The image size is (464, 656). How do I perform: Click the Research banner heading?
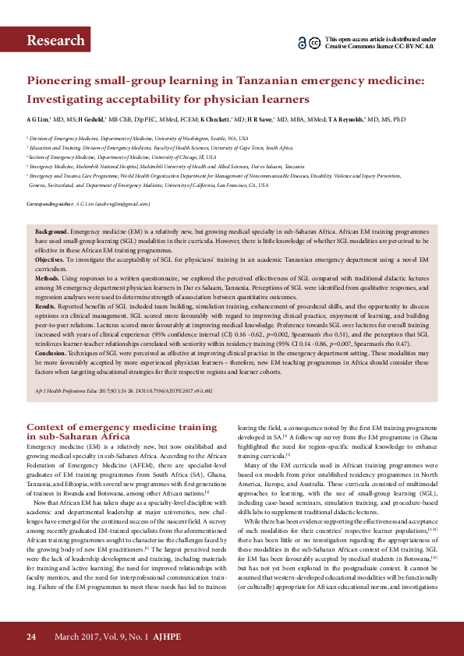click(x=55, y=41)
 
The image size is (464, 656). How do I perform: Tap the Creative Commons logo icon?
click(x=314, y=43)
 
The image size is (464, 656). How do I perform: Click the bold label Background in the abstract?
click(x=51, y=232)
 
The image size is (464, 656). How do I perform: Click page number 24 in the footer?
click(x=31, y=636)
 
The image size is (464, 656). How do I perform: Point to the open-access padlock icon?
click(x=302, y=43)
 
